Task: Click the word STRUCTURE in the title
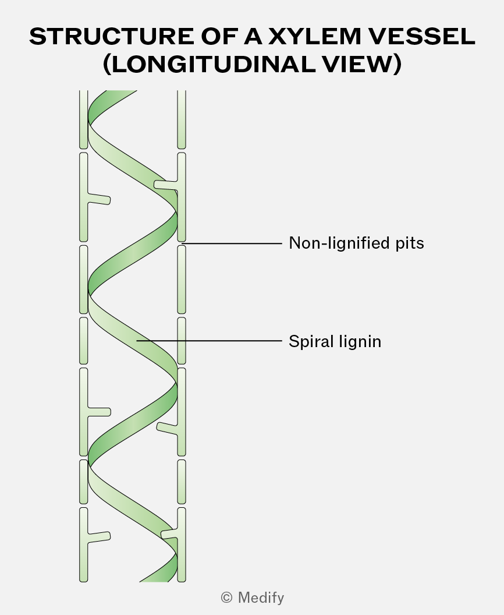coord(111,37)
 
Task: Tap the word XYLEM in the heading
coord(315,37)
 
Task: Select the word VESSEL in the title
coord(422,37)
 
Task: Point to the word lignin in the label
coord(360,342)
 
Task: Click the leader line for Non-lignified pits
coord(232,243)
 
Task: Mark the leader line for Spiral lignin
coord(209,341)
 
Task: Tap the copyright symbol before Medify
coord(226,598)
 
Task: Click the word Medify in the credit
coord(261,598)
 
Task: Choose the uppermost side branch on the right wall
coord(166,185)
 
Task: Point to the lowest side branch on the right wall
coord(170,533)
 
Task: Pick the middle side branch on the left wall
coord(99,412)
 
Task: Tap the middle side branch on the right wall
coord(168,428)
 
